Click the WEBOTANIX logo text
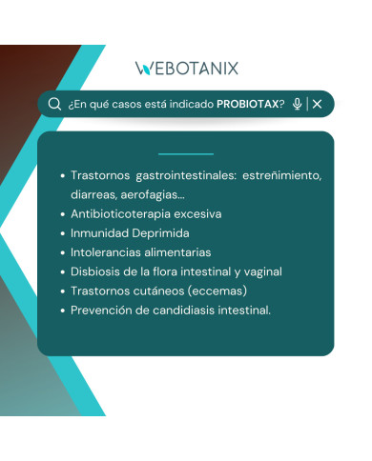pyautogui.click(x=187, y=68)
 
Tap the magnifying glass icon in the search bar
pyautogui.click(x=54, y=104)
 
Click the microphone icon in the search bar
pyautogui.click(x=298, y=104)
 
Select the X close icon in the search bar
pyautogui.click(x=318, y=104)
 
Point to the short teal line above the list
pyautogui.click(x=186, y=153)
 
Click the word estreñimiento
pyautogui.click(x=281, y=176)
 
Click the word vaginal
pyautogui.click(x=261, y=271)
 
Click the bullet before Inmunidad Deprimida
pyautogui.click(x=62, y=233)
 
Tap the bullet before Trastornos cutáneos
pyautogui.click(x=62, y=291)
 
